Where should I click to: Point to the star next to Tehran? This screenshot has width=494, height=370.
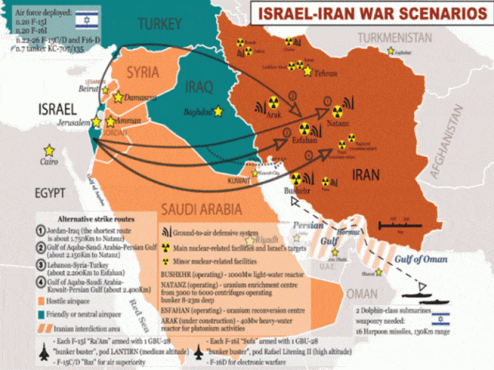click(x=307, y=71)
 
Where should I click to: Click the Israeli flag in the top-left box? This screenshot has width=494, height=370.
click(x=86, y=20)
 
